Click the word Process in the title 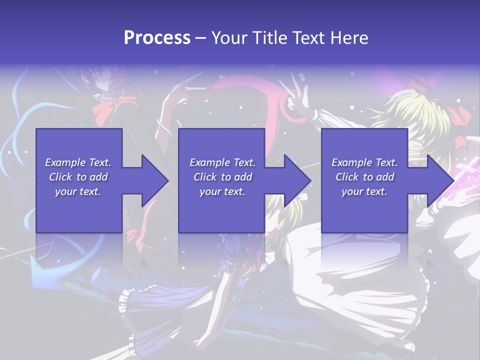point(157,38)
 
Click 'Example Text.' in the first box point(78,162)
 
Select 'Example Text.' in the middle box point(222,162)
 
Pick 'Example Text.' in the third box point(364,162)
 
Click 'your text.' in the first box point(78,191)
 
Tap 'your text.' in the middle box point(222,191)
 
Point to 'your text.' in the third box point(364,191)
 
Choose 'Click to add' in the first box point(78,177)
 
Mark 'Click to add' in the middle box point(222,177)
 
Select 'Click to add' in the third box point(364,177)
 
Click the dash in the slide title point(200,38)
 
